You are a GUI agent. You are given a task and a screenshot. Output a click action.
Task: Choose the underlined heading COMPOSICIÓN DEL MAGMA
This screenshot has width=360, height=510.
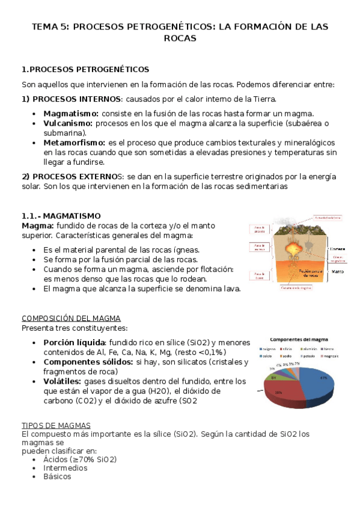(x=71, y=318)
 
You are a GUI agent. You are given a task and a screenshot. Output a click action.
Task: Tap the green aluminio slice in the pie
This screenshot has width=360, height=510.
(x=274, y=378)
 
